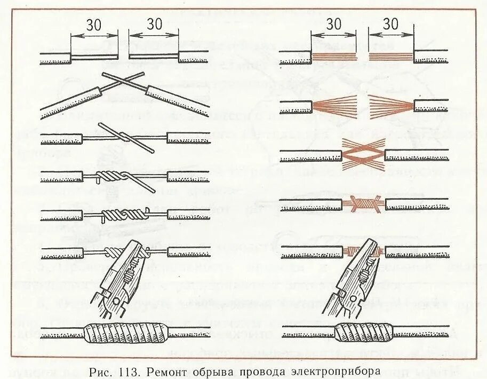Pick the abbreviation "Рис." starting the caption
click(101, 370)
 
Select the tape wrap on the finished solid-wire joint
click(125, 334)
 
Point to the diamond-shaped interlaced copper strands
click(363, 154)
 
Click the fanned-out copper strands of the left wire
click(333, 105)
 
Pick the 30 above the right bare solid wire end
click(154, 23)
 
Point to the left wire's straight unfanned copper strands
click(334, 56)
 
